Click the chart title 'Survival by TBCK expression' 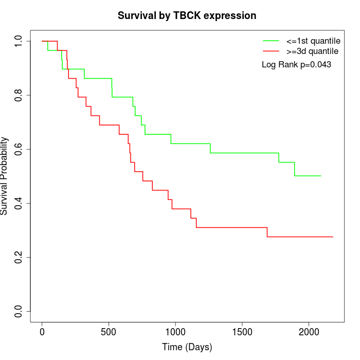(187, 15)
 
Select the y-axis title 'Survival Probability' (5, 176)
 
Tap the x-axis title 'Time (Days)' (187, 347)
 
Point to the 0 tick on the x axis (42, 332)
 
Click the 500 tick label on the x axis (109, 332)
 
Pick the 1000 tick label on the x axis (175, 332)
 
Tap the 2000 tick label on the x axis (309, 332)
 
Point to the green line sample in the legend (271, 40)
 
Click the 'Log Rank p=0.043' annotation (296, 65)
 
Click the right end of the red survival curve (333, 237)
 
